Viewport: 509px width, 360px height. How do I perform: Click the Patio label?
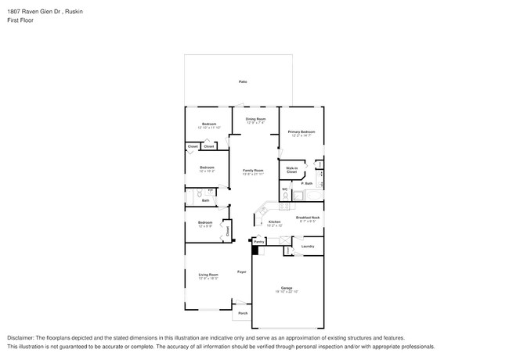(243, 82)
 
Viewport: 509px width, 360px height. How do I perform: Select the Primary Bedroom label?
(301, 133)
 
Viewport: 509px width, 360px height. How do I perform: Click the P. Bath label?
(307, 184)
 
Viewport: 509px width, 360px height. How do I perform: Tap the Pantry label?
(259, 242)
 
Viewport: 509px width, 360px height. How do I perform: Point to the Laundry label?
(308, 247)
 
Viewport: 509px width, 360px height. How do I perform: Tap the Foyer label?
(242, 272)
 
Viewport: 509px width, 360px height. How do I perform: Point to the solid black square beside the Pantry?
(254, 250)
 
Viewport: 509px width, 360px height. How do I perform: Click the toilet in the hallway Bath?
(200, 193)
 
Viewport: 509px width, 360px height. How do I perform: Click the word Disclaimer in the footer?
(21, 337)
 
